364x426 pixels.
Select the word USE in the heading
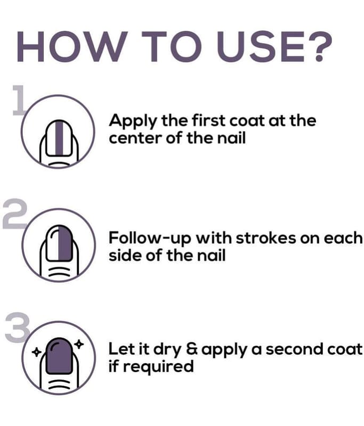(x=260, y=47)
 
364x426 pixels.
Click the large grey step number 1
(x=19, y=100)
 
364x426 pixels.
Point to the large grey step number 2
(x=14, y=214)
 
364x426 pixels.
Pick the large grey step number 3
(x=17, y=327)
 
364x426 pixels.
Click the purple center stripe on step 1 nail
(x=59, y=138)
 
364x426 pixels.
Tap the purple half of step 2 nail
(x=66, y=244)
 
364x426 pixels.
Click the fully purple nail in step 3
(x=59, y=356)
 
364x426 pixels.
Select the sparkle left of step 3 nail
(x=36, y=353)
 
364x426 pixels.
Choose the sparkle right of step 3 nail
(x=79, y=344)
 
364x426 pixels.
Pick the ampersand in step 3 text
(x=193, y=349)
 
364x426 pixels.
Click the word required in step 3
(x=158, y=367)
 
